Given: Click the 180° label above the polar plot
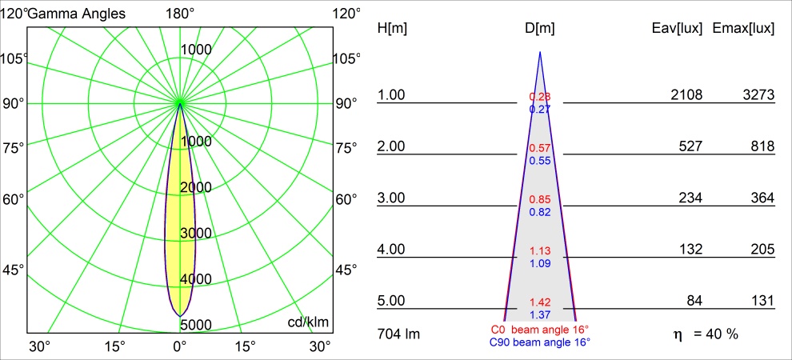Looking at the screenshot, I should pos(180,13).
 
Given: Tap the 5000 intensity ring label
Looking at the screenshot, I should pos(195,325).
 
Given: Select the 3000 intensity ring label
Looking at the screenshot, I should pos(195,233).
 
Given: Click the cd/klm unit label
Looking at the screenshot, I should pos(308,322).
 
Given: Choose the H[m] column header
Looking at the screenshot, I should pos(392,28).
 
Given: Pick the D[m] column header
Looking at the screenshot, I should pos(540,28).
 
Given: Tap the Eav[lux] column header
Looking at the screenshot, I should pos(678,28).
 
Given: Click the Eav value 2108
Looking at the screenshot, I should pos(686,95).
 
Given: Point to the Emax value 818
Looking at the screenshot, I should pos(762,146).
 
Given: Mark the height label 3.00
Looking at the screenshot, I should pos(392,198).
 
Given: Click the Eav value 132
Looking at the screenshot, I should pos(690,250).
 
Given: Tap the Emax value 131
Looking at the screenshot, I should pos(762,301).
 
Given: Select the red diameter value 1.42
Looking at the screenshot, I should pos(540,302).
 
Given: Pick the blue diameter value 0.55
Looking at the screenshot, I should pos(540,160).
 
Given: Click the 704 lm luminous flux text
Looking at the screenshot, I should pos(398,333).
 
